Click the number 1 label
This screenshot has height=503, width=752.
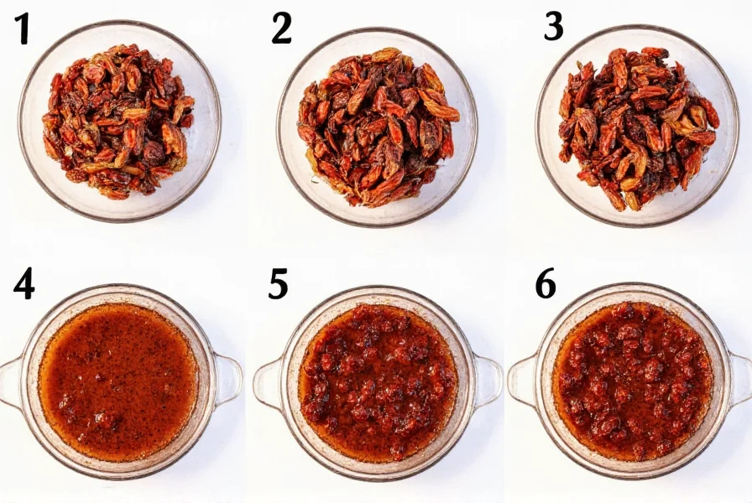coord(22,30)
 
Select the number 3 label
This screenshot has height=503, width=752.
coord(553,27)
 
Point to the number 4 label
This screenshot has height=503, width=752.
coord(23,285)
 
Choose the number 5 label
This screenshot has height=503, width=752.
coord(279,285)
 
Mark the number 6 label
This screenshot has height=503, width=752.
coord(546,285)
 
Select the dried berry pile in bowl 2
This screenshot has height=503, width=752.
coord(378,126)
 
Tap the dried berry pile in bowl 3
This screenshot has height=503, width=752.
coord(638,126)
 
